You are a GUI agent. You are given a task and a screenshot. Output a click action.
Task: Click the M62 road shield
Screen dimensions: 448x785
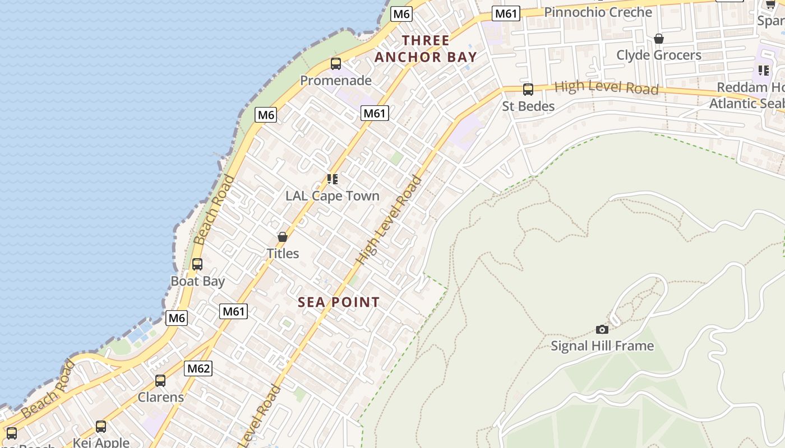pyautogui.click(x=198, y=368)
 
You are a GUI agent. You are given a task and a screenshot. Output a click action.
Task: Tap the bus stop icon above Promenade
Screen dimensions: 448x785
pyautogui.click(x=336, y=64)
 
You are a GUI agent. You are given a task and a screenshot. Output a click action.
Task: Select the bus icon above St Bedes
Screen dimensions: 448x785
pyautogui.click(x=528, y=90)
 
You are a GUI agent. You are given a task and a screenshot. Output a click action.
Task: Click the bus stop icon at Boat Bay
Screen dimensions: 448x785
pyautogui.click(x=197, y=264)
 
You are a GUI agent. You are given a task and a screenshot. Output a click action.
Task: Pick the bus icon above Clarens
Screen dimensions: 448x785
pyautogui.click(x=160, y=381)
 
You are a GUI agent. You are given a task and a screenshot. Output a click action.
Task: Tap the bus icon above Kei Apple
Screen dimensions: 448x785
pyautogui.click(x=101, y=427)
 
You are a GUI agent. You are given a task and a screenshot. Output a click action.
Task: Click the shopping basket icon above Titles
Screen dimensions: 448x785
pyautogui.click(x=283, y=237)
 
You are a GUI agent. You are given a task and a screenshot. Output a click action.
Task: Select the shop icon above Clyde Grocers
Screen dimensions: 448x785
pyautogui.click(x=659, y=39)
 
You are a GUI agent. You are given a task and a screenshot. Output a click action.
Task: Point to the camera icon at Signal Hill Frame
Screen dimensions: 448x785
pyautogui.click(x=602, y=329)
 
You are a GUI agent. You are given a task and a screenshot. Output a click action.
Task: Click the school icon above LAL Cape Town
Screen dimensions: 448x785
pyautogui.click(x=333, y=179)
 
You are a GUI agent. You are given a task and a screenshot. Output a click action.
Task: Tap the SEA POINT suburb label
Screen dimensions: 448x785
pyautogui.click(x=339, y=302)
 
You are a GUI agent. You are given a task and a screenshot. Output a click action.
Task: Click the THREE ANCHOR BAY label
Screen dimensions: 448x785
pyautogui.click(x=426, y=49)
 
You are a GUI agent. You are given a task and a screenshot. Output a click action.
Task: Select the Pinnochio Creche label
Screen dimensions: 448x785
pyautogui.click(x=598, y=12)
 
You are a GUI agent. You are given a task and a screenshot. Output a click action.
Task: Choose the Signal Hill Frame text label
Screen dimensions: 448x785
pyautogui.click(x=602, y=346)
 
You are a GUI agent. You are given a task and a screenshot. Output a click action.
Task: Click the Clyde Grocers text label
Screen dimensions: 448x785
pyautogui.click(x=659, y=55)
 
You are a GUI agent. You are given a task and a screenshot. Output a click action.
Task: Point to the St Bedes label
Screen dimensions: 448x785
pyautogui.click(x=528, y=106)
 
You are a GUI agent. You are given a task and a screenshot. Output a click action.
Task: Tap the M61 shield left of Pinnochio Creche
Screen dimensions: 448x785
pyautogui.click(x=506, y=13)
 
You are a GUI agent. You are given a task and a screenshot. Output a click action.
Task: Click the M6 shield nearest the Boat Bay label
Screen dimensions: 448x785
pyautogui.click(x=177, y=318)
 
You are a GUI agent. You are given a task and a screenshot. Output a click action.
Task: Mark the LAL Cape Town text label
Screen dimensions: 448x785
pyautogui.click(x=333, y=196)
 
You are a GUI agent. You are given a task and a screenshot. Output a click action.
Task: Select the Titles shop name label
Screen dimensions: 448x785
pyautogui.click(x=283, y=254)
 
